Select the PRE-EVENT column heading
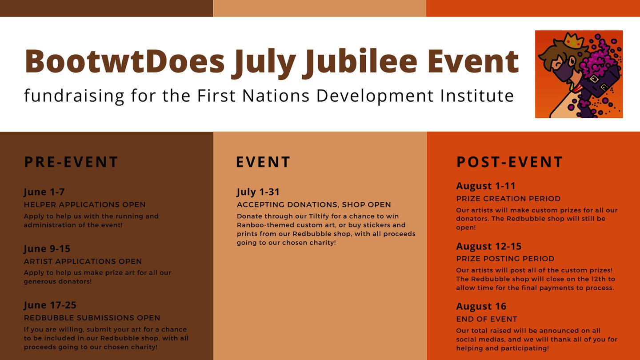pos(71,162)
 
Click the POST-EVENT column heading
pos(509,162)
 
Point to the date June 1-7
pos(44,192)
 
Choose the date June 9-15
pos(47,249)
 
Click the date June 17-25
pos(50,305)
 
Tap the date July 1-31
pos(258,192)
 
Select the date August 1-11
pos(486,186)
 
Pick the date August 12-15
pos(489,246)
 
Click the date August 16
pos(481,306)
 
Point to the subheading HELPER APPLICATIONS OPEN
pos(84,204)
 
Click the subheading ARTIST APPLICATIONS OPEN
pos(83,261)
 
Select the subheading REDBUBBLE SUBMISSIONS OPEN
pos(92,318)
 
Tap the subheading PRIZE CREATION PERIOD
pos(508,199)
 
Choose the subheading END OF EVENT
pos(487,319)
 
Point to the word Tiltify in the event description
pos(319,216)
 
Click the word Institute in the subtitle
pos(477,96)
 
